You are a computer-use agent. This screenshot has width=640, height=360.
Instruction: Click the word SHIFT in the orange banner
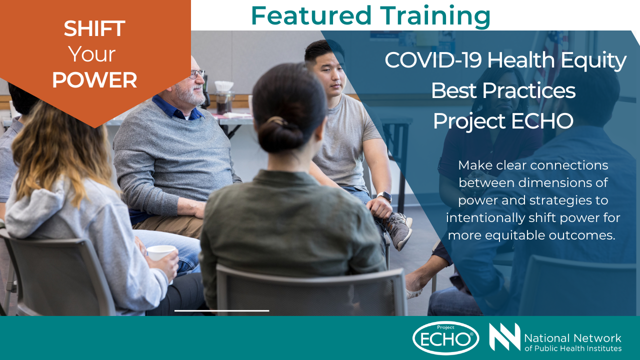coord(94,28)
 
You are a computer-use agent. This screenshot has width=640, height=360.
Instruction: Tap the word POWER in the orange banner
coord(94,80)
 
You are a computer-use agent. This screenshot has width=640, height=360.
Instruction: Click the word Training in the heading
coord(435,17)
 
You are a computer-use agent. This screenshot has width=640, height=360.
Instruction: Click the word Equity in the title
coord(593,61)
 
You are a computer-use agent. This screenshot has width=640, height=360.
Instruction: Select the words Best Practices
coord(503,90)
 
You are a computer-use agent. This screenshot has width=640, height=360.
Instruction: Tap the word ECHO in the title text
coord(542,120)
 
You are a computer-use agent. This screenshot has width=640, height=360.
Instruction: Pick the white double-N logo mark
coord(504,337)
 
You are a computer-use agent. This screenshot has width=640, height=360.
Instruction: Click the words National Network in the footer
coord(572,338)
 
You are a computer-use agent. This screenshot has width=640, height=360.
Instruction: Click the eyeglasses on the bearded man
coord(197,74)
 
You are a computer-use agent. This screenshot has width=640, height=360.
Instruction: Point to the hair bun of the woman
coord(281,134)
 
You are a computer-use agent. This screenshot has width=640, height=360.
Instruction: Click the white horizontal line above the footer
coord(221,310)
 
